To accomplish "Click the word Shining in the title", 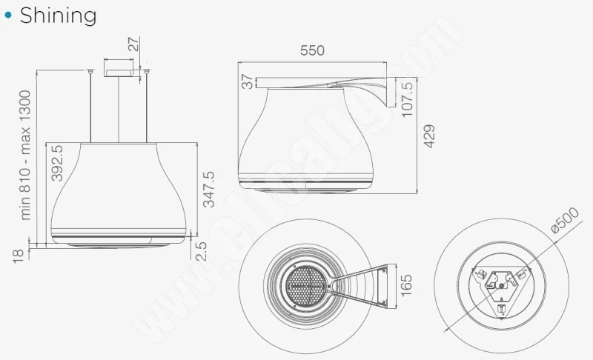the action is pyautogui.click(x=58, y=16).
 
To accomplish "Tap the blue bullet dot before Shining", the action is pyautogui.click(x=8, y=15).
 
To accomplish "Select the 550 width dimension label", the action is pyautogui.click(x=312, y=50).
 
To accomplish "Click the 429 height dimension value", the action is pyautogui.click(x=429, y=136).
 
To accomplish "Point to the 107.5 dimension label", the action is pyautogui.click(x=407, y=99).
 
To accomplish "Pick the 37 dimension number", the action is pyautogui.click(x=247, y=81).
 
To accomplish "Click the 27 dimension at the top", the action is pyautogui.click(x=133, y=44).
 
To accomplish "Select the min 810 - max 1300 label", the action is pyautogui.click(x=25, y=155).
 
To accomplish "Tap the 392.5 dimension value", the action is pyautogui.click(x=57, y=163).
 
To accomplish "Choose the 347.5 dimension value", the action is pyautogui.click(x=209, y=189).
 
